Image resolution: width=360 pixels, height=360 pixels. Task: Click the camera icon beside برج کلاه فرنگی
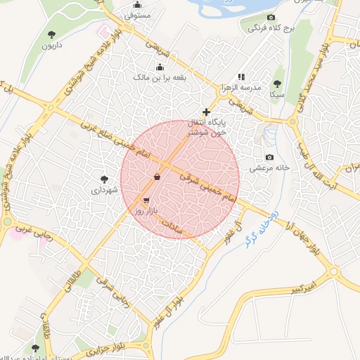[271, 18]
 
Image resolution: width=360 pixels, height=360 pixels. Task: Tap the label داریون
[51, 46]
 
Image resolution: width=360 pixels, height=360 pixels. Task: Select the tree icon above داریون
[51, 34]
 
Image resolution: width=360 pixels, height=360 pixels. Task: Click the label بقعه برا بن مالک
[161, 78]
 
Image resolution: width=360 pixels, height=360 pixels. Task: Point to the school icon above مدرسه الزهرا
[241, 76]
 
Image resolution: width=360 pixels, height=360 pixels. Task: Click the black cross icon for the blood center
[206, 112]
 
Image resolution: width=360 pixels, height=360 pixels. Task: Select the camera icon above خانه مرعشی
[269, 157]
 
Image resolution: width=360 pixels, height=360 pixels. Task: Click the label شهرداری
[105, 190]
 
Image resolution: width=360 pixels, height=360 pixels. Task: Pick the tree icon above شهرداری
[105, 179]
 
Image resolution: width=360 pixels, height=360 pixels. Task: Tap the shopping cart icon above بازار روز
[146, 200]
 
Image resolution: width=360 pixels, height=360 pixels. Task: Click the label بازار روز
[150, 211]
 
